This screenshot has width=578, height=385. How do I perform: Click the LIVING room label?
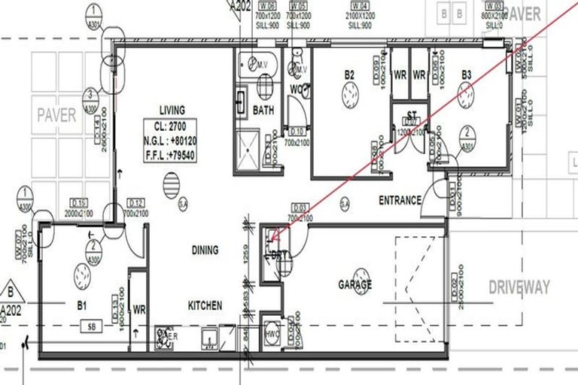pyautogui.click(x=172, y=109)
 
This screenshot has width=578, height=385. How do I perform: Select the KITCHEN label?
pyautogui.click(x=205, y=305)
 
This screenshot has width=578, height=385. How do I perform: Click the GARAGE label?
pyautogui.click(x=355, y=285)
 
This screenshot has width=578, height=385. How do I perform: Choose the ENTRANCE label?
pyautogui.click(x=400, y=200)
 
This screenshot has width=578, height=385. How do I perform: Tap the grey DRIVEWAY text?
pyautogui.click(x=519, y=286)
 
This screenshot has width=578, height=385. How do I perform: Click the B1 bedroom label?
pyautogui.click(x=83, y=305)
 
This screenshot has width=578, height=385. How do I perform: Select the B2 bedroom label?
pyautogui.click(x=349, y=74)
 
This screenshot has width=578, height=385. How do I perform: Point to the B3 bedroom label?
pyautogui.click(x=467, y=74)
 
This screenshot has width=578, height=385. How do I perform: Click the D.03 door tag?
pyautogui.click(x=300, y=207)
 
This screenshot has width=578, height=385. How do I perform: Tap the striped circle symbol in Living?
pyautogui.click(x=172, y=185)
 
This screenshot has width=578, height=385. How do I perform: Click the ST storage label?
pyautogui.click(x=412, y=115)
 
